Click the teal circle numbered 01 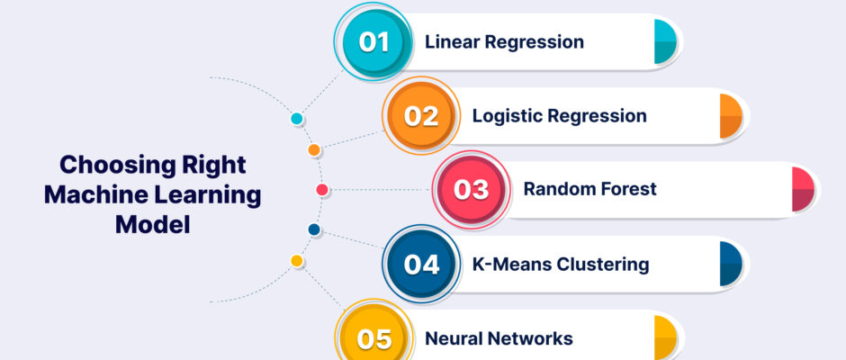tap(373, 41)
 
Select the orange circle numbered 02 tap(421, 115)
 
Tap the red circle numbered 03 tap(472, 190)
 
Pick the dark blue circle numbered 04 tap(421, 265)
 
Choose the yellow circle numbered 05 tap(373, 338)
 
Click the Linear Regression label tap(504, 42)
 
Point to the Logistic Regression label tap(560, 116)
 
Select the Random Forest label tap(590, 189)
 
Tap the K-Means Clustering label tap(561, 265)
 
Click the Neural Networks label tap(499, 338)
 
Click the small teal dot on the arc tap(297, 119)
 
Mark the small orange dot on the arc tap(314, 150)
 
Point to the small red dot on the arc tap(322, 190)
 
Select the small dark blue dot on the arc tap(314, 229)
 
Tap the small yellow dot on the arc tap(297, 261)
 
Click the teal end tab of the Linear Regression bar tap(665, 41)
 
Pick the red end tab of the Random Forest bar tap(803, 189)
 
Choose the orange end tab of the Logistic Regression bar tap(731, 116)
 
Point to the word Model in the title tap(153, 224)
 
